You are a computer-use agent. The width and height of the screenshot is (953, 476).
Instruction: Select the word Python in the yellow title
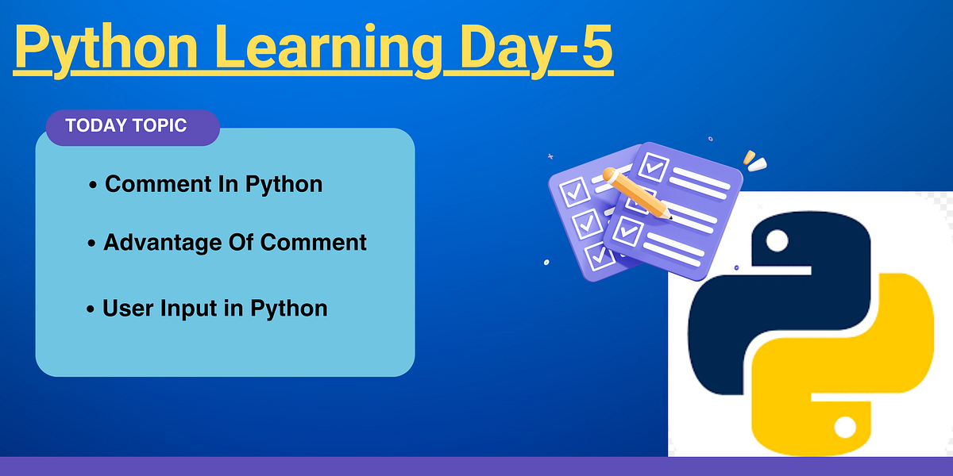[x=106, y=49]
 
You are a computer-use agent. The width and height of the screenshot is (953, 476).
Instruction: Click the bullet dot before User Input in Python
[x=91, y=309]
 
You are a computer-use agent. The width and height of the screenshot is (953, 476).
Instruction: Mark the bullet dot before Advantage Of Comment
[x=91, y=244]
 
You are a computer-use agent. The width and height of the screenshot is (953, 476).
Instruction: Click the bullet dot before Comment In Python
[x=93, y=186]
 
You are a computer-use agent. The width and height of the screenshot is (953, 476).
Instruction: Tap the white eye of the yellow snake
[x=844, y=428]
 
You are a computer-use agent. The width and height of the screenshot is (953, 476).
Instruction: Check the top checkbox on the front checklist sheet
[x=655, y=167]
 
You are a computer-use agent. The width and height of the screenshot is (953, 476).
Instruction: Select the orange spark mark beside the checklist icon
[x=748, y=157]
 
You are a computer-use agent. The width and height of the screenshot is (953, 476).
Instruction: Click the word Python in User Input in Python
[x=289, y=308]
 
